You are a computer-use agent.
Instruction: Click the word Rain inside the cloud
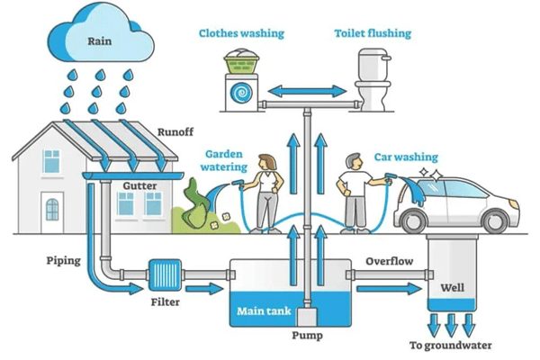point(100,41)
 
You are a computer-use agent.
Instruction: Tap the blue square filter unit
point(165,274)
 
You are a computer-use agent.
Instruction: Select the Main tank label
point(264,311)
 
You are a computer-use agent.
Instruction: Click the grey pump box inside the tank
point(307,317)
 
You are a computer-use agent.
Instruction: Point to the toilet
point(373,80)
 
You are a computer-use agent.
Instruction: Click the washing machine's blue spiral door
point(241,93)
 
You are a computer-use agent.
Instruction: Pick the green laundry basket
point(241,63)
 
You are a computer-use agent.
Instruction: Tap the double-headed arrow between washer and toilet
point(307,91)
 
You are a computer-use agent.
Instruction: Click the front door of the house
point(52,212)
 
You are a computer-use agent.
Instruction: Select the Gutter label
point(139,186)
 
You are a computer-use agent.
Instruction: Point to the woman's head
point(267,162)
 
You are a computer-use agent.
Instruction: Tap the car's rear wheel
point(414,221)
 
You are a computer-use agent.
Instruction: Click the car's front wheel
point(496,221)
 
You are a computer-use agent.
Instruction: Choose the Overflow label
point(389,261)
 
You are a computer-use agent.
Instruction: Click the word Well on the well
point(452,287)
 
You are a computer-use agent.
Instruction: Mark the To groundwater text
point(451,346)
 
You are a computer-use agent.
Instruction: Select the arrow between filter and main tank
point(204,288)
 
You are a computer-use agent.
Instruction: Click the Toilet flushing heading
point(373,33)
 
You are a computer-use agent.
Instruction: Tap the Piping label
point(64,261)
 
